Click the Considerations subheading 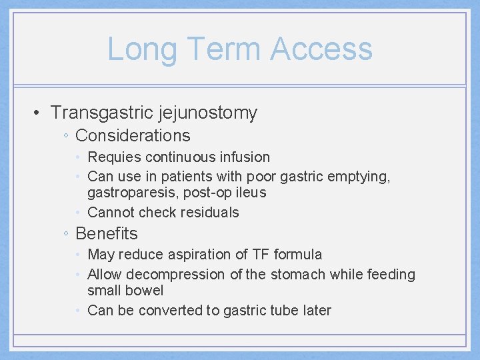coord(133,136)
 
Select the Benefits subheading coord(107,234)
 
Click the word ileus coord(251,193)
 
